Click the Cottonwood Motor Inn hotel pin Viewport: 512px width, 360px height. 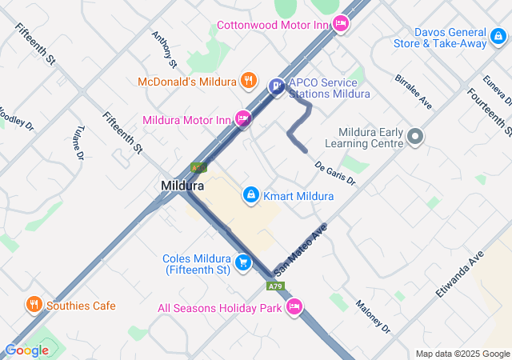[341, 24]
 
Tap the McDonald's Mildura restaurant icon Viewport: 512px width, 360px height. [250, 81]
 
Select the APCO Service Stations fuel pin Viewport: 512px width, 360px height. [277, 86]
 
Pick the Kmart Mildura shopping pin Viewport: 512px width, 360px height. [250, 195]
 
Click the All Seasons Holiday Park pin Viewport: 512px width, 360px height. [294, 306]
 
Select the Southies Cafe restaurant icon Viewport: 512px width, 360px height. [34, 305]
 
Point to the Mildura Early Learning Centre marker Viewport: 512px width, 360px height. [414, 137]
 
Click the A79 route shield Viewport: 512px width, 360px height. [275, 286]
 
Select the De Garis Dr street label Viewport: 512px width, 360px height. [334, 174]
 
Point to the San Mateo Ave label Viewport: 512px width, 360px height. [301, 249]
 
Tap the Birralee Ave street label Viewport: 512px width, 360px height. [413, 92]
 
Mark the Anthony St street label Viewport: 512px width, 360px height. [163, 49]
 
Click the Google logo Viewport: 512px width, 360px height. [26, 350]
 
